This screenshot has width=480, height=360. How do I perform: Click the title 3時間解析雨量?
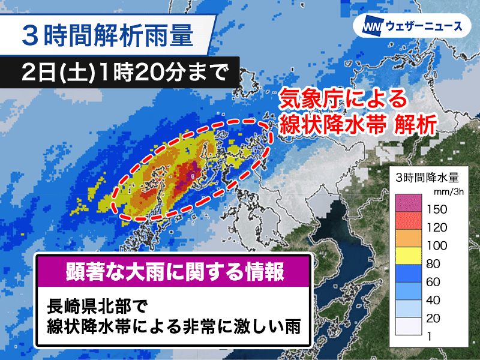click(x=108, y=34)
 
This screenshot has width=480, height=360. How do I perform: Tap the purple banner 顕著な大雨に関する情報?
click(x=174, y=272)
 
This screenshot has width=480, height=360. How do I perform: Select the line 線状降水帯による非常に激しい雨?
click(x=174, y=328)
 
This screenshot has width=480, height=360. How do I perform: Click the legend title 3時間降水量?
click(x=427, y=177)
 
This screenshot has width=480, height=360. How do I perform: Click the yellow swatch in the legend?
click(x=410, y=254)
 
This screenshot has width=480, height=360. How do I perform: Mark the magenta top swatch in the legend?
click(x=410, y=202)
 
